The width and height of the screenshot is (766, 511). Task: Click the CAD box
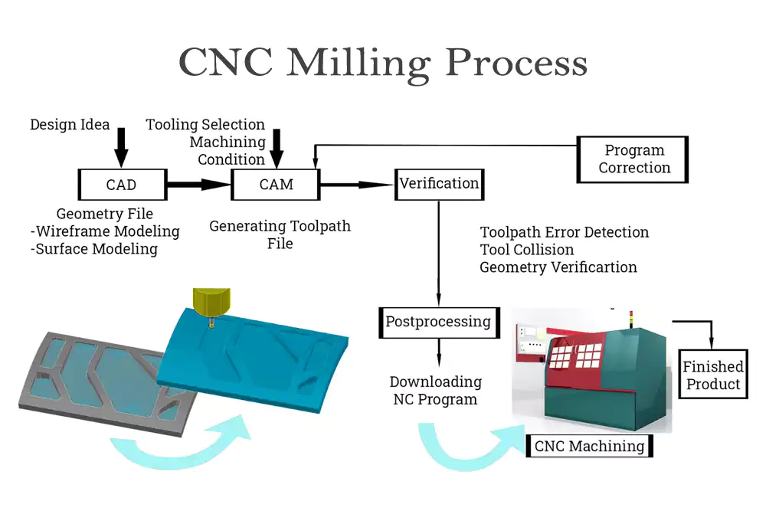122,185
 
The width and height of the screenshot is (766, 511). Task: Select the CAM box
275,185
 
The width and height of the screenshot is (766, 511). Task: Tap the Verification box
439,184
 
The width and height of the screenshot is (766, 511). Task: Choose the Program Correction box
633,159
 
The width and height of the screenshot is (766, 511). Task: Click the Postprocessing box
439,322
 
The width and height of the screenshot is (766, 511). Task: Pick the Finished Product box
713,375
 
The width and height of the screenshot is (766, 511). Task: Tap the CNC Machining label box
589,446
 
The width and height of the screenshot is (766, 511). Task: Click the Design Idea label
70,124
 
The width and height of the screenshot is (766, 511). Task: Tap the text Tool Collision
527,250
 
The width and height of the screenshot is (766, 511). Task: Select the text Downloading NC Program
435,391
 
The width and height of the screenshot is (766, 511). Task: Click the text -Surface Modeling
94,249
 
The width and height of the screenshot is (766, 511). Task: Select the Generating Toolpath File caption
280,234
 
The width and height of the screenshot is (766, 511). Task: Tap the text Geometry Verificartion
558,267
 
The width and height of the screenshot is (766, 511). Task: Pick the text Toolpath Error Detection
565,232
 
